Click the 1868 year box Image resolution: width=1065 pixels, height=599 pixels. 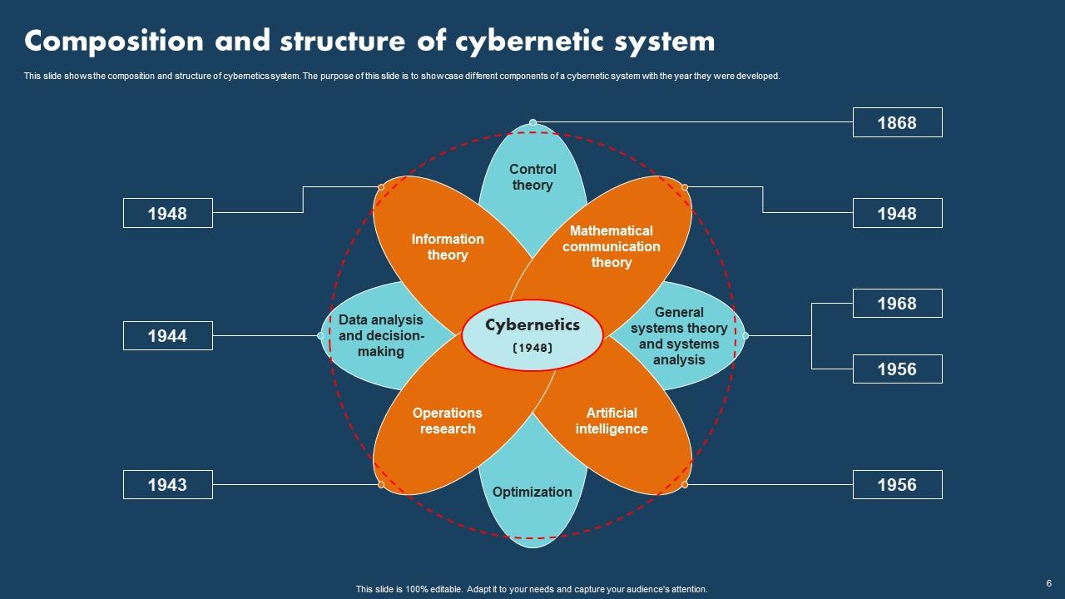pos(897,122)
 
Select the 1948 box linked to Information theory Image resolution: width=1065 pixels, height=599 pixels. pos(167,213)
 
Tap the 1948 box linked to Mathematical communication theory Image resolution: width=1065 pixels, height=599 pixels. pos(897,213)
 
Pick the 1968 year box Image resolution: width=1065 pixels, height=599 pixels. pos(897,303)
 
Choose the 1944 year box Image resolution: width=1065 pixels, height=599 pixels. pos(167,335)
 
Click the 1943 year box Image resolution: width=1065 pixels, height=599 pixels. pos(167,484)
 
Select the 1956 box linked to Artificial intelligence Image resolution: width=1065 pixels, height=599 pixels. pos(897,484)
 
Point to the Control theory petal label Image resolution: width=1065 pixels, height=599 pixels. pos(532,177)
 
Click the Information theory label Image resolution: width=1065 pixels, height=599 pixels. pos(448,247)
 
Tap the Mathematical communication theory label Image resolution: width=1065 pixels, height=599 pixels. pos(612,246)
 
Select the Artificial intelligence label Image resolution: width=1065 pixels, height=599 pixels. pos(612,421)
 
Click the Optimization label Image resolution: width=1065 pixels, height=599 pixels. pos(532,492)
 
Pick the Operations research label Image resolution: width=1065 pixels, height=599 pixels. pos(448,421)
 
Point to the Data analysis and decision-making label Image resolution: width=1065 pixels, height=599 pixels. pos(381,335)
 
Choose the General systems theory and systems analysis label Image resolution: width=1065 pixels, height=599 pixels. pos(679,335)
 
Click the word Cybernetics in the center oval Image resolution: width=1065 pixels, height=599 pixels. pos(532,324)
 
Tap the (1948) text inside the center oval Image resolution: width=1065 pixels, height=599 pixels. pos(532,348)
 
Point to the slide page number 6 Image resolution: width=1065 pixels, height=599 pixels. pos(1049,582)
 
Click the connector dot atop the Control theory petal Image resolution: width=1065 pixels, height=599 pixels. pos(532,122)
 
